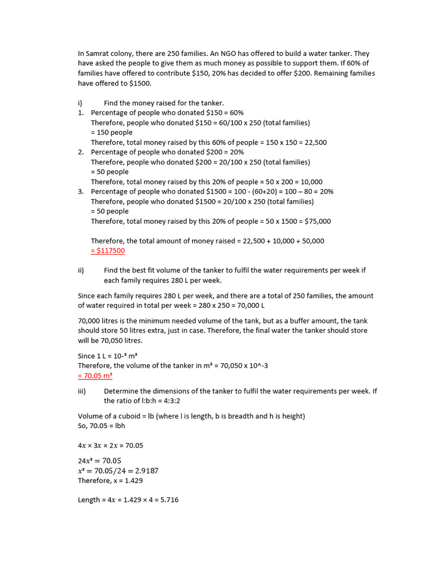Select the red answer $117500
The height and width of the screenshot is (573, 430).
click(109, 251)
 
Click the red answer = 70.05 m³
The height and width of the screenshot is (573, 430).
click(95, 375)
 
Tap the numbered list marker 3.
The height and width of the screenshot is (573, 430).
click(81, 191)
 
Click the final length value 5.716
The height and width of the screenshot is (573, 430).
click(167, 500)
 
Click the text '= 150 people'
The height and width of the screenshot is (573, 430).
click(112, 133)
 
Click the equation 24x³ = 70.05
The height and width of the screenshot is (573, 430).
click(99, 461)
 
